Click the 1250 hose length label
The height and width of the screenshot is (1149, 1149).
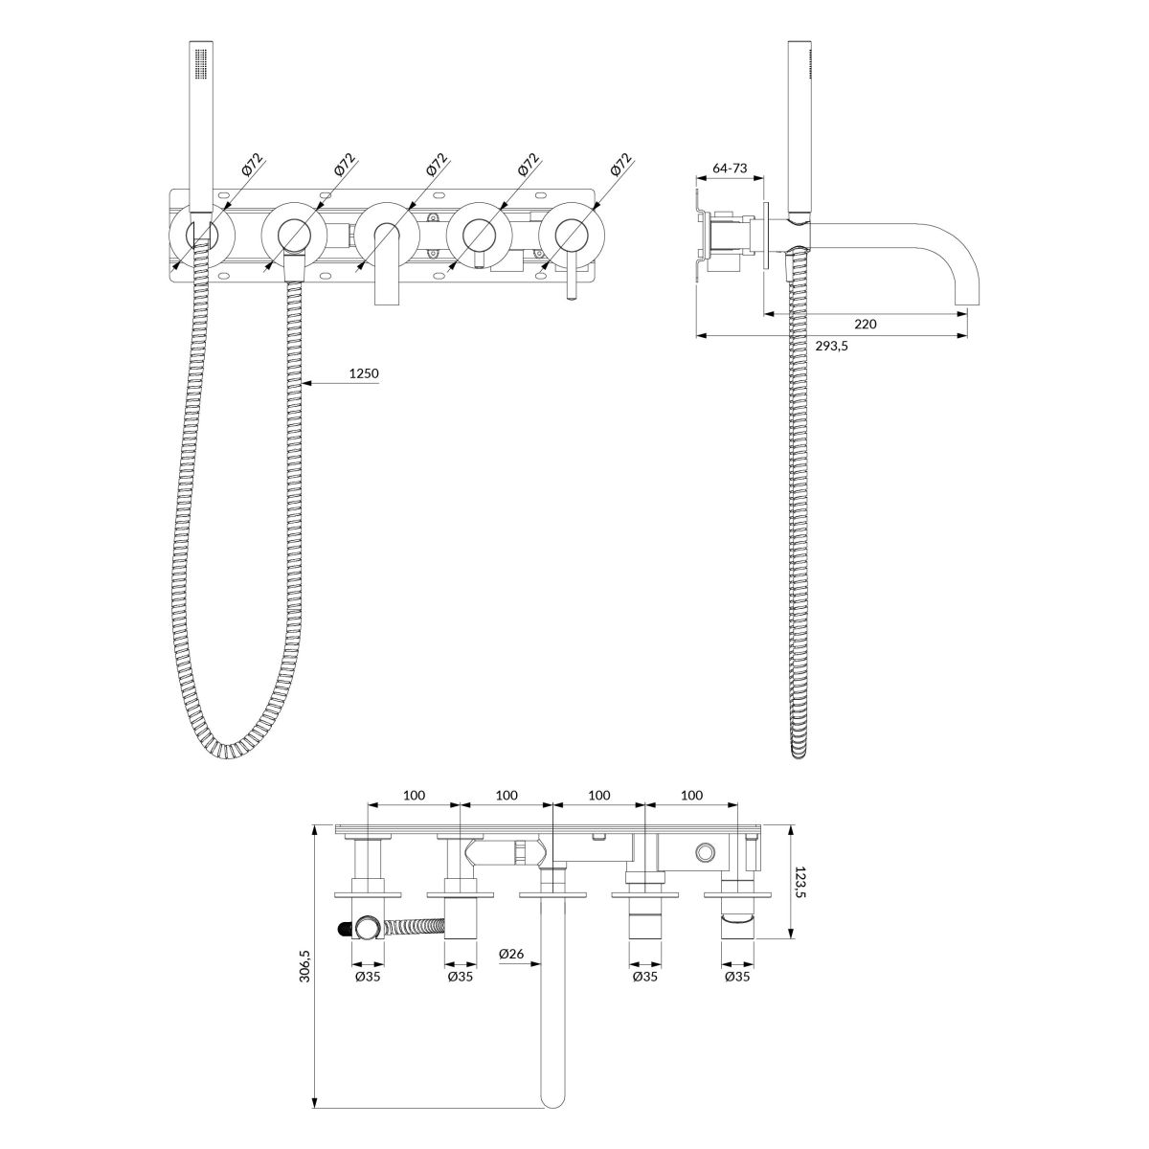(x=364, y=373)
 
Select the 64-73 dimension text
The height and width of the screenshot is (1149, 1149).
(x=730, y=169)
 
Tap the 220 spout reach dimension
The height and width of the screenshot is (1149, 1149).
(x=866, y=324)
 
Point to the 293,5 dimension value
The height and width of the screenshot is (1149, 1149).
(x=831, y=346)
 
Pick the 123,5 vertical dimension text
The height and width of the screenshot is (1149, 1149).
(x=800, y=883)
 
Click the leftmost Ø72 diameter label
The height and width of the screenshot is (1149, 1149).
(x=253, y=164)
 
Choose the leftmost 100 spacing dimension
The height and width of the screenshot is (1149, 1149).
(x=414, y=795)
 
